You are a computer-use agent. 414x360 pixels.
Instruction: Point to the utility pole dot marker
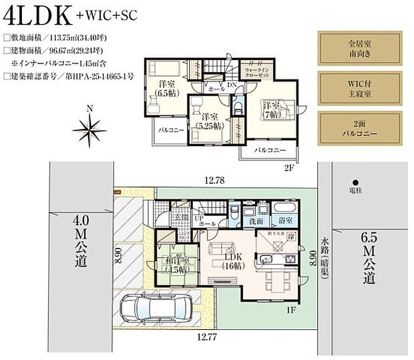click(x=355, y=182)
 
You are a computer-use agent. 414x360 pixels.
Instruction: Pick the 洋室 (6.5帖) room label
click(x=166, y=88)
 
